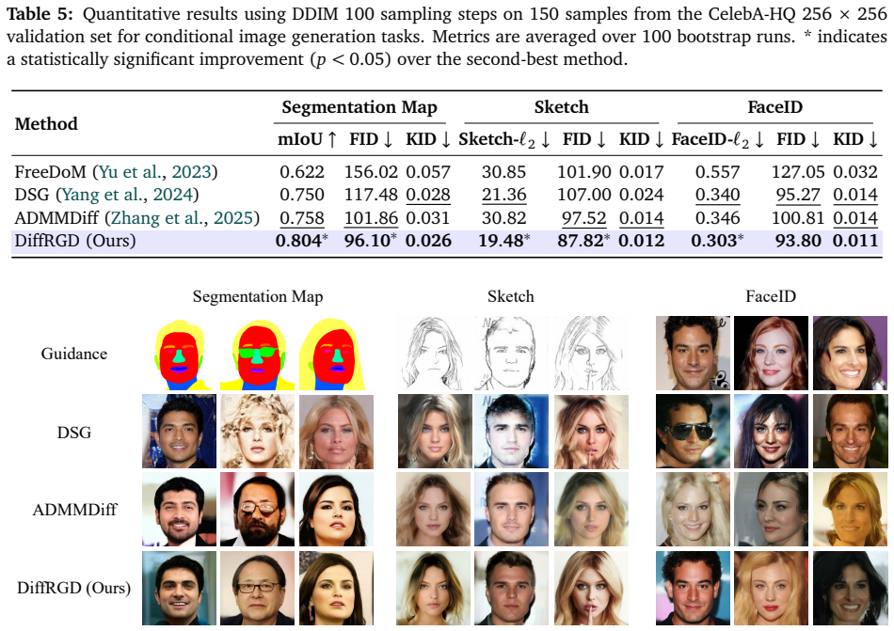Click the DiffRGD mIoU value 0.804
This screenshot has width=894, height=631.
click(x=298, y=241)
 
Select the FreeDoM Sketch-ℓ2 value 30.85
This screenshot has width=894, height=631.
click(x=504, y=172)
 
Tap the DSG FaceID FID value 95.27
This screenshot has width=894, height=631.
click(x=798, y=195)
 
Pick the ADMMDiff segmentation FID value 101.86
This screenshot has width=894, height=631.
click(x=371, y=218)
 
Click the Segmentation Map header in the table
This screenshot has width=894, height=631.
click(x=359, y=107)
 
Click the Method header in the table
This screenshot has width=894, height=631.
click(x=46, y=123)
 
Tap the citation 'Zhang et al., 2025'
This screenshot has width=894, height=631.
click(x=182, y=218)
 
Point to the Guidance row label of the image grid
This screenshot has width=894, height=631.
click(x=74, y=354)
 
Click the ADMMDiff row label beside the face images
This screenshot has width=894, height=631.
click(x=74, y=509)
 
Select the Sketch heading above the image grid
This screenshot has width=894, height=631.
click(x=511, y=296)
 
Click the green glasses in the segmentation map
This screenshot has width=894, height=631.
click(x=258, y=353)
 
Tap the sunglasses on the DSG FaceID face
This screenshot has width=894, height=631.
click(x=691, y=431)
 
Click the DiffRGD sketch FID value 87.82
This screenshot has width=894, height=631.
click(x=581, y=241)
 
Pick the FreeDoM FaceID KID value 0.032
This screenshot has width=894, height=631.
click(x=855, y=172)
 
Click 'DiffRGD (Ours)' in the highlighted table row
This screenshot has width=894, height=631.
click(x=75, y=241)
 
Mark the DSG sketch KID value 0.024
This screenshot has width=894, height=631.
click(x=642, y=195)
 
